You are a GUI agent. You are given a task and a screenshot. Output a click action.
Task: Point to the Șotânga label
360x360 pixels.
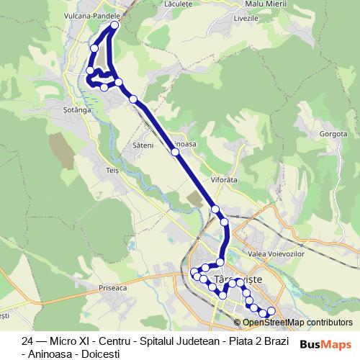pyautogui.click(x=76, y=110)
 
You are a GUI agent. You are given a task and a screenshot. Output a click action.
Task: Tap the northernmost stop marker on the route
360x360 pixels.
pyautogui.click(x=114, y=27)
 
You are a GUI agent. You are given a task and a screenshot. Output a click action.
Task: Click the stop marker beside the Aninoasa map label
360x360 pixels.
pyautogui.click(x=175, y=152)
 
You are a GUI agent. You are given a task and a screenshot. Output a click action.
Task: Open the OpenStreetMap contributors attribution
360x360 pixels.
pyautogui.click(x=297, y=323)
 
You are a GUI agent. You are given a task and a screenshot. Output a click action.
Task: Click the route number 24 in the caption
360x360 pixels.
pyautogui.click(x=27, y=340)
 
